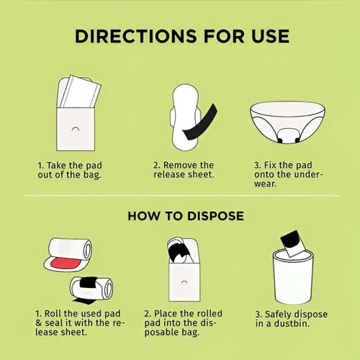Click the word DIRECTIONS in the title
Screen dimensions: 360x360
pos(135,36)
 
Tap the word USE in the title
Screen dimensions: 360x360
pos(270,36)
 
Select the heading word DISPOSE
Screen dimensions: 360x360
pos(215,216)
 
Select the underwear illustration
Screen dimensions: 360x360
pos(287,123)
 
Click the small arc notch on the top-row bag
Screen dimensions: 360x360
pos(76,129)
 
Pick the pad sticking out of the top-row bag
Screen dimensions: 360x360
pos(79,91)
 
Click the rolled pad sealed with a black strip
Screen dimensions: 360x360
pos(91,288)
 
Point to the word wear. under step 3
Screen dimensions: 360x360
pos(266,184)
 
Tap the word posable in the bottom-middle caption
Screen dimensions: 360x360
pos(161,333)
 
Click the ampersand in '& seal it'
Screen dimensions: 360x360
pos(39,323)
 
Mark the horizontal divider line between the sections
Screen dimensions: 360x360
pos(181,196)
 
